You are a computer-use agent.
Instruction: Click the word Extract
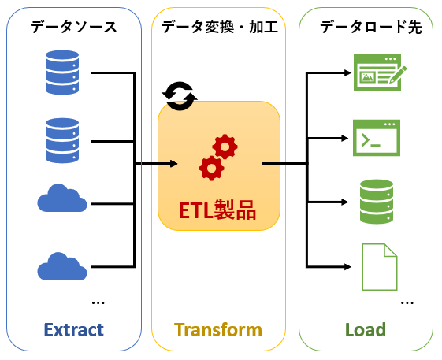pos(74,330)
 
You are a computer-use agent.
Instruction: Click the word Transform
pos(218,330)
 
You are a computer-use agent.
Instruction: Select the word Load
pos(366,330)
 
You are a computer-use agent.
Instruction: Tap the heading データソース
pos(73,27)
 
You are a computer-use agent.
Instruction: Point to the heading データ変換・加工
pos(220,27)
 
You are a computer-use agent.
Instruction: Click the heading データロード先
pos(370,27)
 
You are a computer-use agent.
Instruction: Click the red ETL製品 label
pos(217,210)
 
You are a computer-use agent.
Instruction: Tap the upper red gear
pos(225,147)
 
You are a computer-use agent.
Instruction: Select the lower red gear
pos(211,168)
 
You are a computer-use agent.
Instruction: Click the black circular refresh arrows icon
pos(180,96)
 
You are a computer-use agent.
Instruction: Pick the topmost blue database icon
pos(62,72)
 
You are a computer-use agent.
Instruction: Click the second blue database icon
pos(62,141)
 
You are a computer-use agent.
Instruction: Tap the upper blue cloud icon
pos(62,198)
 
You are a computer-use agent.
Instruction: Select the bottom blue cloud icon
pos(62,266)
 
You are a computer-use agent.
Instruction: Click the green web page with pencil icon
pos(380,72)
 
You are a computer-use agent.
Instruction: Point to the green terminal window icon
pos(377,138)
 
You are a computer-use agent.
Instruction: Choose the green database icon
pos(377,202)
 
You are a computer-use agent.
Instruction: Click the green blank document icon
pos(380,267)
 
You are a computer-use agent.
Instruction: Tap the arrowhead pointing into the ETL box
pos(174,164)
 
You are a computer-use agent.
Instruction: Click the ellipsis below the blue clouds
pos(98,303)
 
